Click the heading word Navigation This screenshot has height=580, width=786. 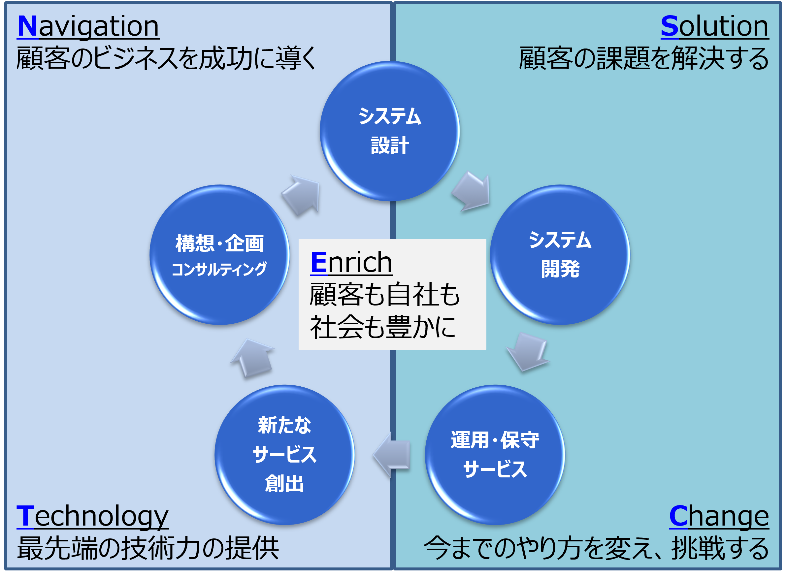coord(88,26)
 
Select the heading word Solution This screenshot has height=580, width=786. coord(714,26)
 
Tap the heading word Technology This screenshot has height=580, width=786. coord(92,516)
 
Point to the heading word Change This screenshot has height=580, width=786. coord(719,516)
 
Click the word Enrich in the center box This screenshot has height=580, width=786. coord(351,262)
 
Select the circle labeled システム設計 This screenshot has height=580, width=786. coord(390,131)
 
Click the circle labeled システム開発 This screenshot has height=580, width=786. coord(560,255)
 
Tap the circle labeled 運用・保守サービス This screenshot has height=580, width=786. coord(495,455)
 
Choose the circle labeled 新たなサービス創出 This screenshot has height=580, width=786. coord(284,455)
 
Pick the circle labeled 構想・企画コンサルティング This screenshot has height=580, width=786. coord(219,255)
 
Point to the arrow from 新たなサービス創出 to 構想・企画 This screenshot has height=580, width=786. coord(253,358)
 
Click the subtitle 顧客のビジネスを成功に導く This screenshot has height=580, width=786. coord(166,58)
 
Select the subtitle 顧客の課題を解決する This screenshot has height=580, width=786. coord(643,58)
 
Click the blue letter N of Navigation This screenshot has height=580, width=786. coord(27,26)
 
